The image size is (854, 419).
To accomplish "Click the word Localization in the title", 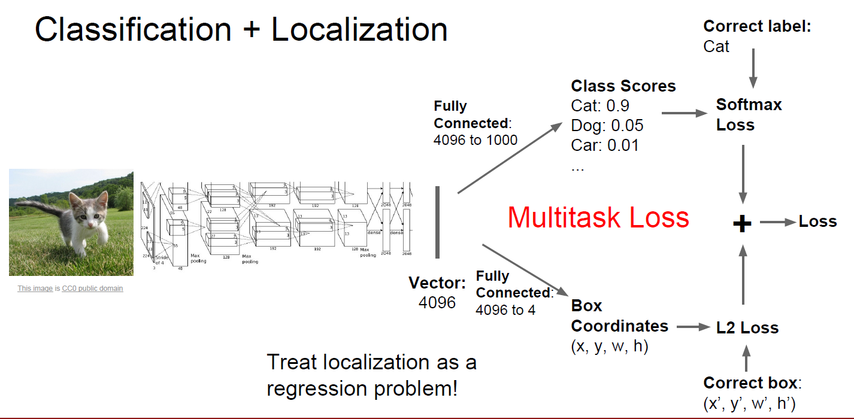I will click(x=359, y=29).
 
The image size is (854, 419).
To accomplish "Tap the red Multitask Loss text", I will click(x=598, y=217).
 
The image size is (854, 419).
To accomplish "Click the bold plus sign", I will click(x=742, y=223).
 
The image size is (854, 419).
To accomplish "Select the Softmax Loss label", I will click(x=749, y=115).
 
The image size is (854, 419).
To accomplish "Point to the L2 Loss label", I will click(x=747, y=327).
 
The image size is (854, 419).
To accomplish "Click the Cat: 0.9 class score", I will click(x=600, y=105).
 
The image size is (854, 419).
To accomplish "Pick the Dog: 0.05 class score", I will click(x=607, y=125).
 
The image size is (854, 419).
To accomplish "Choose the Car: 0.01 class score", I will click(x=605, y=145).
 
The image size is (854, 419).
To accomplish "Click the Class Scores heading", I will click(x=623, y=86).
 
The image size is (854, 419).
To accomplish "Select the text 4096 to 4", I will click(x=505, y=309).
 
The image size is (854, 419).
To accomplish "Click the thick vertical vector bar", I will click(x=438, y=222).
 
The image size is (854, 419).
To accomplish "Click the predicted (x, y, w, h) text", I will click(x=610, y=347).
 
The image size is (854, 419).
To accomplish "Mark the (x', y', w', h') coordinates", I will click(x=749, y=404).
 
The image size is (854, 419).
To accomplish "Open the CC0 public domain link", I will click(x=92, y=289).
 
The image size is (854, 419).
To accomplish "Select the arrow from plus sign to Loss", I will click(x=778, y=222).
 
